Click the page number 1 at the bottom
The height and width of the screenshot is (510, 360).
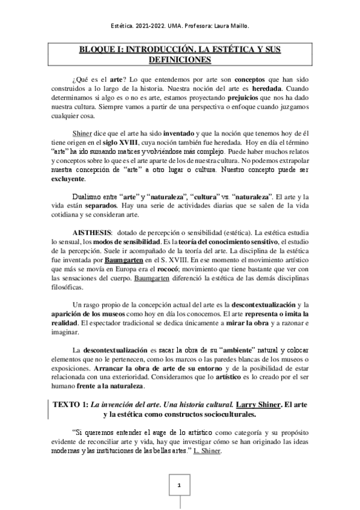click(x=179, y=485)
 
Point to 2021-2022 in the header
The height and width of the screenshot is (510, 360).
click(x=144, y=26)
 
